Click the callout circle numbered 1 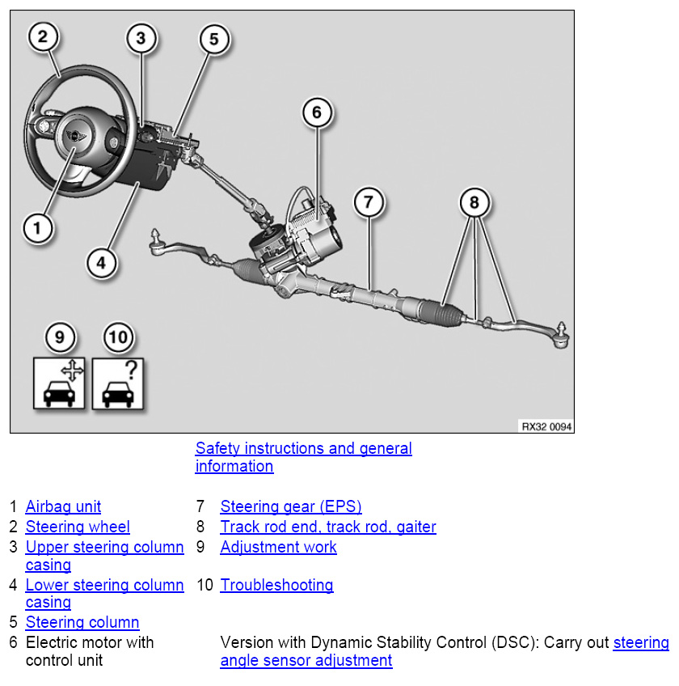pos(37,227)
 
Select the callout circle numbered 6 pos(317,112)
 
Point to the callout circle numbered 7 pos(368,201)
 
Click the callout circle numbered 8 pos(475,202)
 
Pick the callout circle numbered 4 pos(100,262)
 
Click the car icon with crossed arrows pos(60,382)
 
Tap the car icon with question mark pos(119,382)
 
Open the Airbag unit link pos(63,507)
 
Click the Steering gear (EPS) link pos(291,507)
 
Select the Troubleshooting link pos(276,585)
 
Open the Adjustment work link pos(278,547)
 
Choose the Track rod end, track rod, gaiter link pos(328,527)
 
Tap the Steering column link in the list pos(82,623)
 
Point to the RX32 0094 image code pos(545,426)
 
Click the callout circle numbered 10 pos(119,337)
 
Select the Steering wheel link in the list pos(78,527)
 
